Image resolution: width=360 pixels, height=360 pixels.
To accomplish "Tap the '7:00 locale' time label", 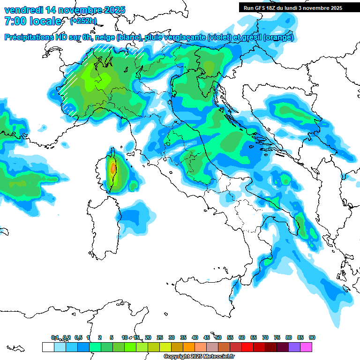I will tap(32, 21).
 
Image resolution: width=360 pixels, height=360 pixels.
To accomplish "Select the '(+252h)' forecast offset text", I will tap(83, 21).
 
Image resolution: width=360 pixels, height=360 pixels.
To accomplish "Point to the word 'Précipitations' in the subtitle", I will tap(28, 37).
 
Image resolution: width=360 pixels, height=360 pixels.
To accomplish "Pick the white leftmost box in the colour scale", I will tap(47, 347).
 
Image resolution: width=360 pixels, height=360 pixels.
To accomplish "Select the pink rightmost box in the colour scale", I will tap(306, 347).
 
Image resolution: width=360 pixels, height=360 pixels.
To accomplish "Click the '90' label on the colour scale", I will tap(312, 337).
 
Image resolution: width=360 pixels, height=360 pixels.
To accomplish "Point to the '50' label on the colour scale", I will tap(218, 337).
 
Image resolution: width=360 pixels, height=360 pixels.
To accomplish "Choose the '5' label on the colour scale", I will tap(112, 337).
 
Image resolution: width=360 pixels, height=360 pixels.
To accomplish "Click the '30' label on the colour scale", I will tap(172, 337).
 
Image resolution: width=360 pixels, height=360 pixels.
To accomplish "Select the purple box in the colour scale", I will tap(294, 347).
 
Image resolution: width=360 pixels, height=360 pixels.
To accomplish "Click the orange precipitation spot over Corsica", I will tap(112, 169).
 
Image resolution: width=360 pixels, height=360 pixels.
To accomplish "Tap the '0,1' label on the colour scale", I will tap(54, 337).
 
